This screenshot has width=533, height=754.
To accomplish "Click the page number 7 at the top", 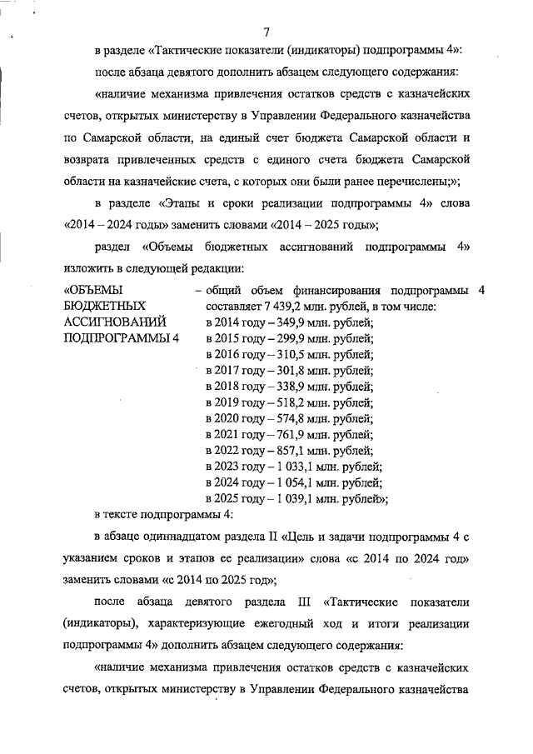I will pos(266,32).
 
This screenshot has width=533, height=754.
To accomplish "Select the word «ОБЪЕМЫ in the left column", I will pos(93,291).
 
